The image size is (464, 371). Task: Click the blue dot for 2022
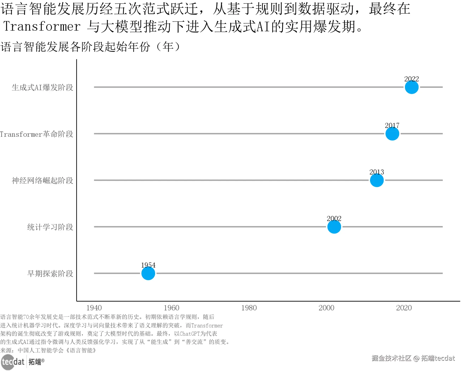coord(411,87)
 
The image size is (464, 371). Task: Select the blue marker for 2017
coord(392,134)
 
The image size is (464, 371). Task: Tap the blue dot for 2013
coord(376,180)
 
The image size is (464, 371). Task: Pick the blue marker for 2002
coord(334,227)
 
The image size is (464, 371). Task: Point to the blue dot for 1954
coord(148,273)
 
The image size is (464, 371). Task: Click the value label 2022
coord(411,79)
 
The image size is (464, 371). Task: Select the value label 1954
coord(148,265)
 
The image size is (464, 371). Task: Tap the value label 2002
coord(334,219)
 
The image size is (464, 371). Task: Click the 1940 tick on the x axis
coord(94,308)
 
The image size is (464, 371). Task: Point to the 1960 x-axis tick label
coord(171,308)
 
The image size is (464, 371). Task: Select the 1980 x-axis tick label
coord(249,308)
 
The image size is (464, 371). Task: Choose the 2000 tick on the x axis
coord(326,308)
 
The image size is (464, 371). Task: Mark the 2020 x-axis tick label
coord(404,308)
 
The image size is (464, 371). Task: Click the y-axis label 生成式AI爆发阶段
coord(42,87)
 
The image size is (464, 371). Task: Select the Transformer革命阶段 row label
coord(36,134)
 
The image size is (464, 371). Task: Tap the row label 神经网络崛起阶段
coord(42,181)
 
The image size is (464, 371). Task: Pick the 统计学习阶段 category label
coord(50,227)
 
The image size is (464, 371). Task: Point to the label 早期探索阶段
coord(50,274)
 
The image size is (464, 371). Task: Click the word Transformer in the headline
coord(42,27)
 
